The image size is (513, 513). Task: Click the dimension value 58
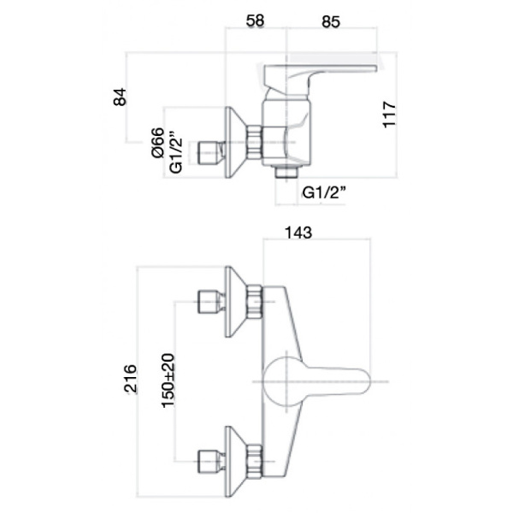tap(254, 17)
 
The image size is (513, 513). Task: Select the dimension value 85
tap(330, 17)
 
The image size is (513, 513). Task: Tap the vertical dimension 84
tap(120, 97)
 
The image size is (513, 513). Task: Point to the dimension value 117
tap(390, 115)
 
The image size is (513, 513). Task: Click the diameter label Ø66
tap(157, 142)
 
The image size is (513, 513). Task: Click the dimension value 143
tap(298, 232)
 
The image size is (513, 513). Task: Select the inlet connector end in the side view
tap(206, 154)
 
